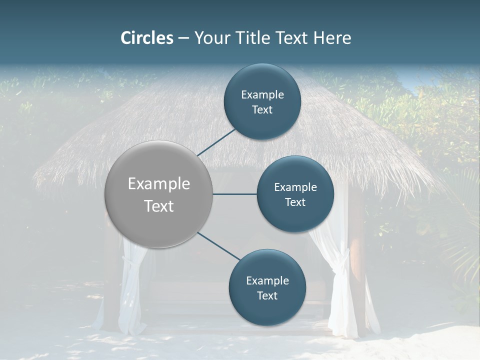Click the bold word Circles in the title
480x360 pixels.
click(147, 38)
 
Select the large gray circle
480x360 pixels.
click(159, 194)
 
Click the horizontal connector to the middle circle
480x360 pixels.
click(235, 194)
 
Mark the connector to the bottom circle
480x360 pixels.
click(218, 245)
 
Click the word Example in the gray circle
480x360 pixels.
click(159, 184)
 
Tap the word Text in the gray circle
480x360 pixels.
click(159, 206)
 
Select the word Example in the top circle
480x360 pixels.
click(262, 95)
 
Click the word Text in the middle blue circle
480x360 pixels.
click(295, 202)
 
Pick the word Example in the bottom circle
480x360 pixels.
click(267, 281)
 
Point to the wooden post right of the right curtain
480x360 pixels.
click(357, 260)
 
